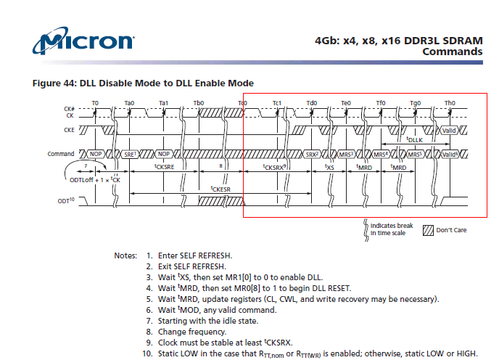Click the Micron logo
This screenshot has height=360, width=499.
83,41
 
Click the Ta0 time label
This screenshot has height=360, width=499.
129,103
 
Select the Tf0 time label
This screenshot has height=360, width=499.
381,103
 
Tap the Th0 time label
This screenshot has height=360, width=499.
450,103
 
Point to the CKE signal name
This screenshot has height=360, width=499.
69,130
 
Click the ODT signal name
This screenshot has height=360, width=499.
66,201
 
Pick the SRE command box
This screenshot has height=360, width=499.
130,154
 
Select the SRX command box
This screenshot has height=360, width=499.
312,154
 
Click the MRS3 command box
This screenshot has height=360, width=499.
346,154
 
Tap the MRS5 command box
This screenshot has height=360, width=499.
415,154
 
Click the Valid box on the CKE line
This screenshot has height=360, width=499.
449,131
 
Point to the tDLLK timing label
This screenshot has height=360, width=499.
414,139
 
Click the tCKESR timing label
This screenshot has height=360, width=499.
220,189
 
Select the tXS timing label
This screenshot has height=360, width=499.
329,167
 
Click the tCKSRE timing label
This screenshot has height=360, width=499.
164,167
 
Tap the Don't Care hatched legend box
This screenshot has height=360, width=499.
428,230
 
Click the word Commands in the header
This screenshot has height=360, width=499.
453,52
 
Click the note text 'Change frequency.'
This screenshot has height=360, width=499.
192,332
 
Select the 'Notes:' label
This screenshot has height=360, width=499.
125,255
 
